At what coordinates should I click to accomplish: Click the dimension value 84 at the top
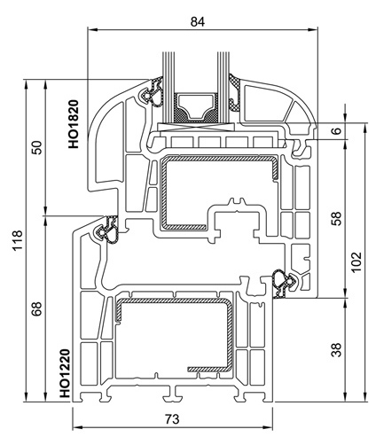click(198, 21)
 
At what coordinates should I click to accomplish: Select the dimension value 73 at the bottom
click(172, 419)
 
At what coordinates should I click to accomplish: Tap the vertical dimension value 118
click(18, 240)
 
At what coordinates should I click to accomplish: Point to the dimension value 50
click(37, 147)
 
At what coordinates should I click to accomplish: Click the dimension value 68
click(37, 308)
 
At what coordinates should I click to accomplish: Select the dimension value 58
click(337, 218)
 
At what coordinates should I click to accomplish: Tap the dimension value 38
click(337, 349)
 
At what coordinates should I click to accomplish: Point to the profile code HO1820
click(74, 124)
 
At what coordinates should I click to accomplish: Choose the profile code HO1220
click(65, 373)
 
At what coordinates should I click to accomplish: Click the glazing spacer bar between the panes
click(195, 107)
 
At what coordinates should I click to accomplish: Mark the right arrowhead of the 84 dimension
click(313, 29)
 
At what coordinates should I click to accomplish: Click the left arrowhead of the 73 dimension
click(77, 427)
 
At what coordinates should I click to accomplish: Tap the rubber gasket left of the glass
click(153, 91)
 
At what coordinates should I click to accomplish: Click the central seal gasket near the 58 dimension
click(284, 283)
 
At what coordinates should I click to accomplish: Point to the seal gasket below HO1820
click(106, 230)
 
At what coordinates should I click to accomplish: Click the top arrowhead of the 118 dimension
click(26, 84)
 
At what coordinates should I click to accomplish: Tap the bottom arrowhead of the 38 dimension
click(345, 397)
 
